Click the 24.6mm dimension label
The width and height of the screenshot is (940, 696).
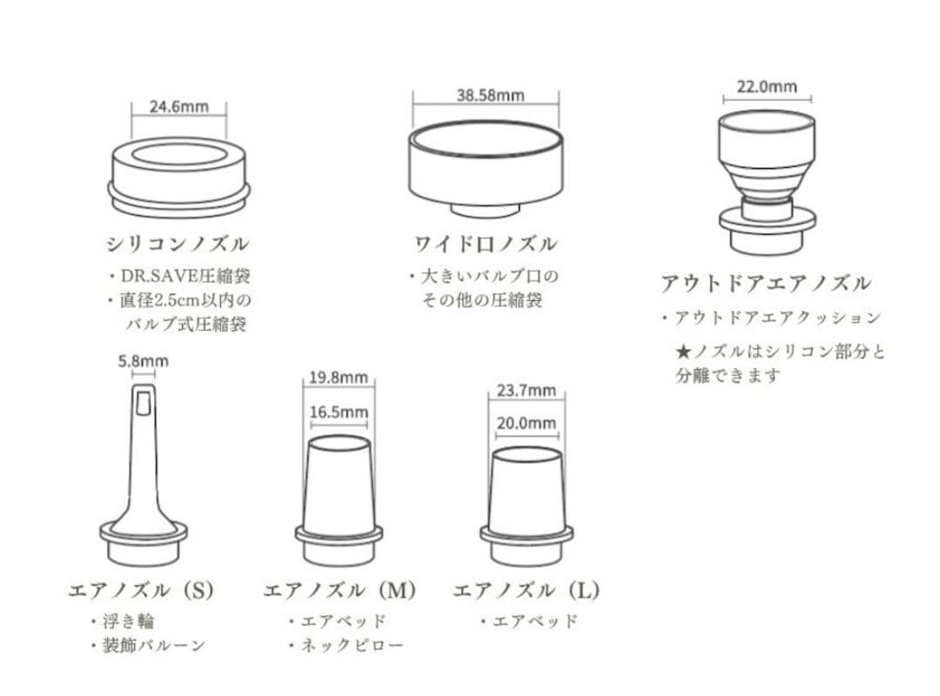click(179, 107)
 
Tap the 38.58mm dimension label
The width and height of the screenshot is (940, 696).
click(490, 96)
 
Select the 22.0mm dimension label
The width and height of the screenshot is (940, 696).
click(767, 86)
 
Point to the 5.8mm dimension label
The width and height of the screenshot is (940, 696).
click(144, 361)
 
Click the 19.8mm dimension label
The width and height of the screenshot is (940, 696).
click(339, 378)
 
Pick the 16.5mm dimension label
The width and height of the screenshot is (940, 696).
click(339, 412)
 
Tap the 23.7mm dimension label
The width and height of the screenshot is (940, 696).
click(526, 391)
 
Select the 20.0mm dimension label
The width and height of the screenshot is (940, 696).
click(526, 424)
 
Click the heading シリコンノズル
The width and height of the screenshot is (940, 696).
click(178, 243)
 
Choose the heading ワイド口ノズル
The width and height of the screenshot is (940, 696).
click(485, 243)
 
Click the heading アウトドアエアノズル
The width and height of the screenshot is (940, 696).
click(765, 284)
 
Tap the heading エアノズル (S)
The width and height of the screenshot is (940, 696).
click(140, 590)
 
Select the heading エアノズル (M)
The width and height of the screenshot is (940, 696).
click(339, 590)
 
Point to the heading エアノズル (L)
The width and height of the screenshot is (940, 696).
click(526, 590)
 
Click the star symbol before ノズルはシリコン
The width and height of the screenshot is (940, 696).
click(683, 352)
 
